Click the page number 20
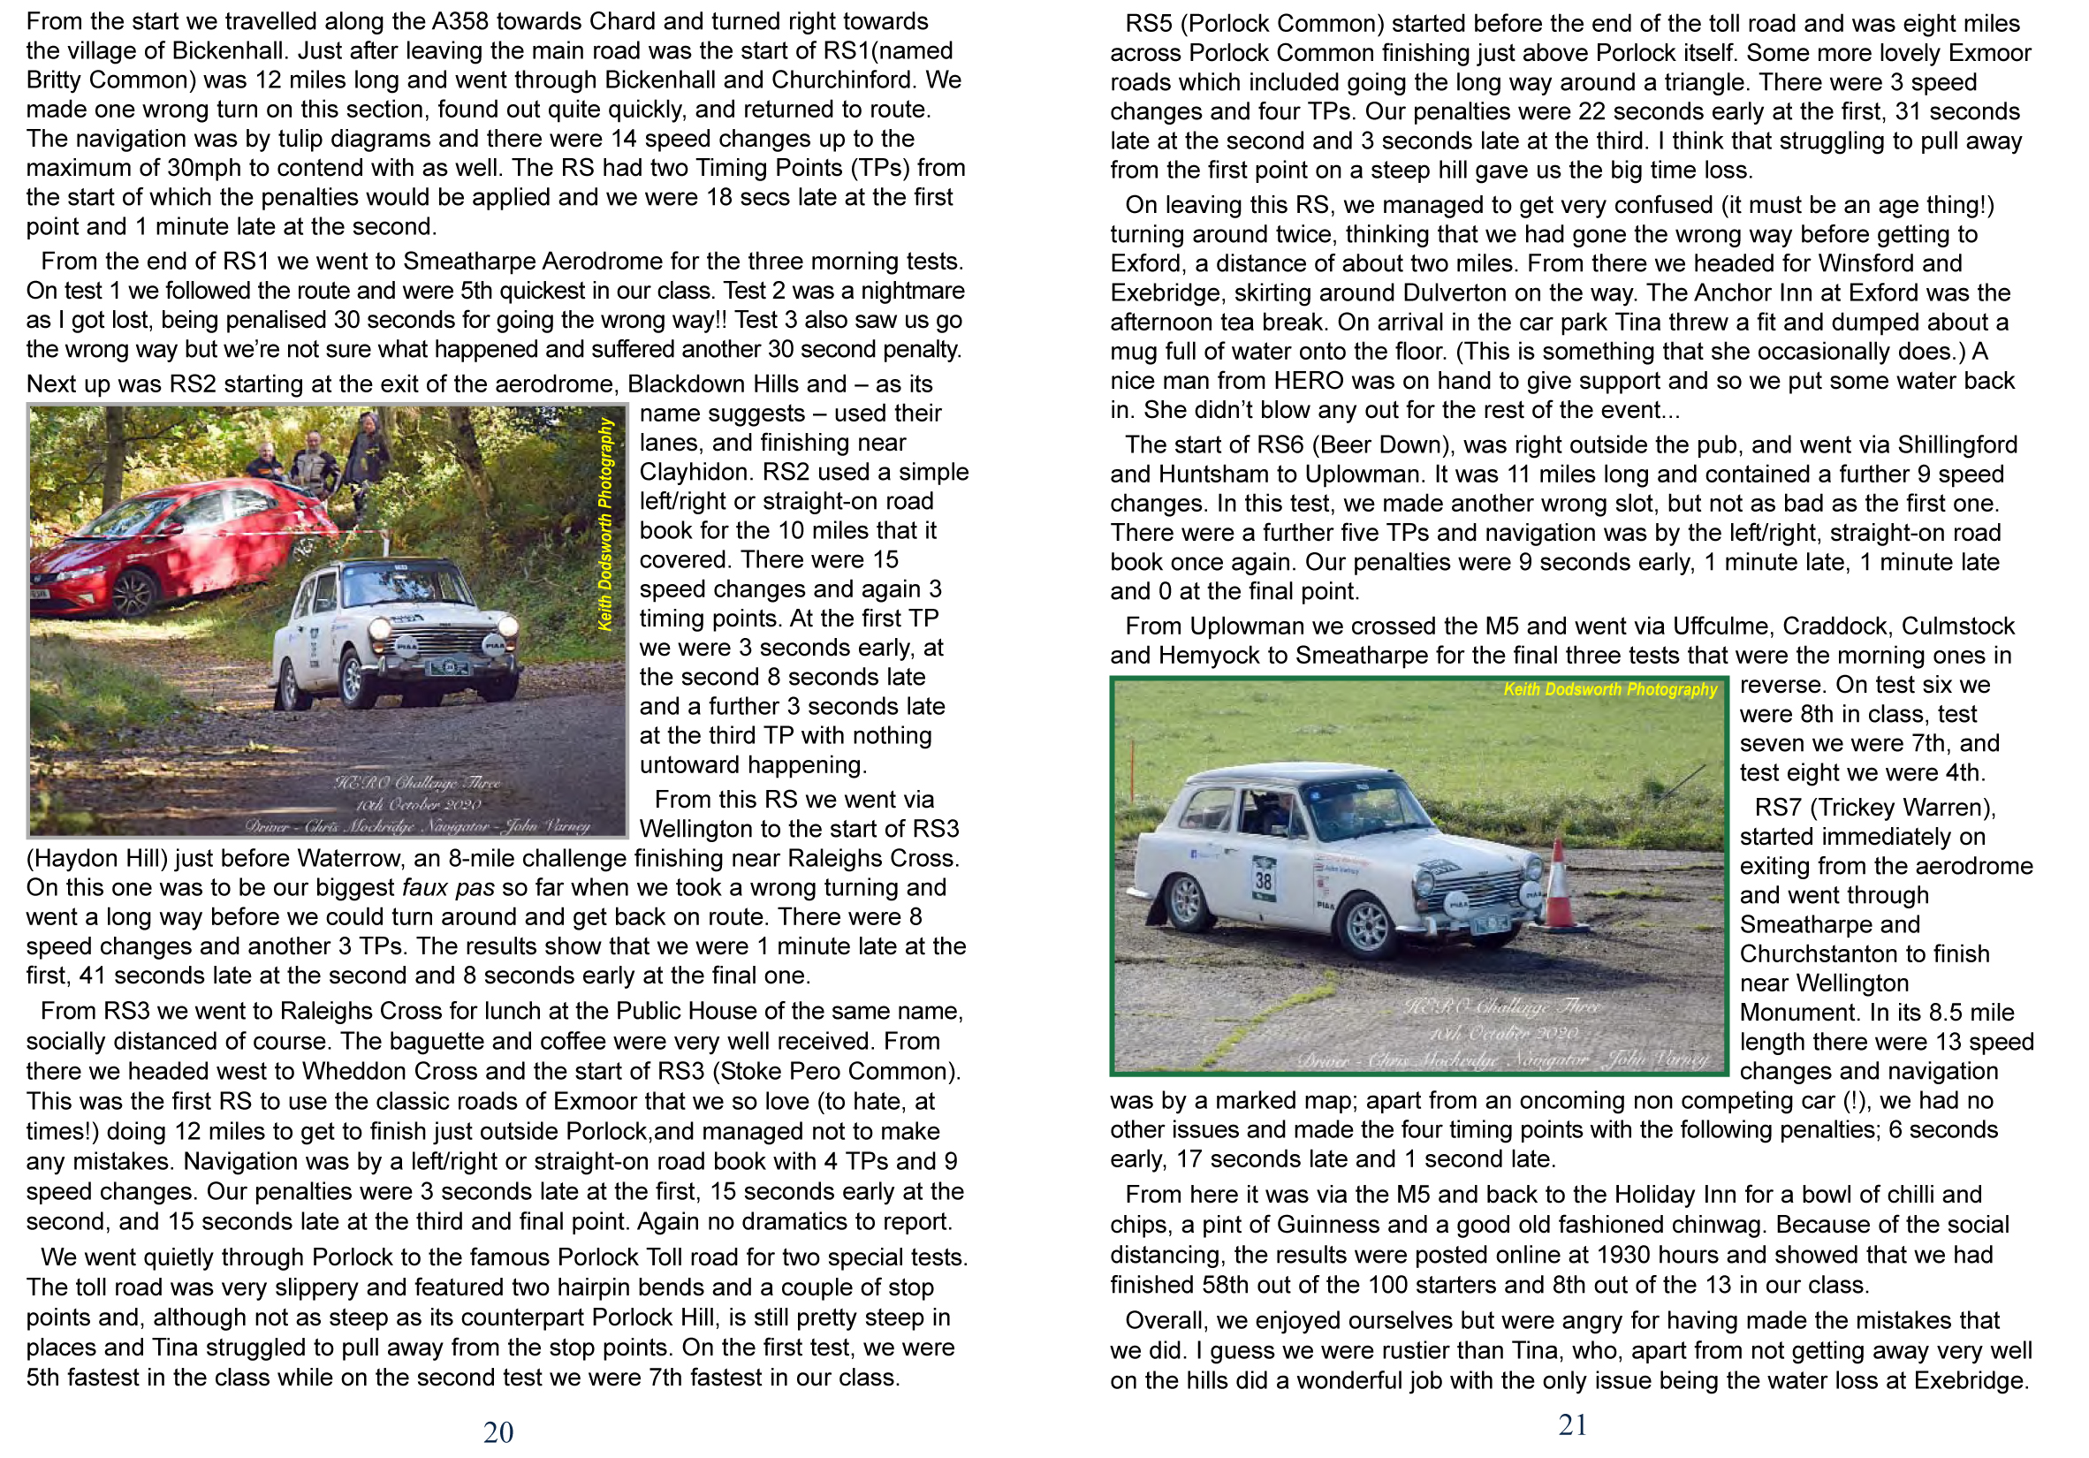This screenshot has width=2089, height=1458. [x=498, y=1432]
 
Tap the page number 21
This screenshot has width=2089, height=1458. [x=1572, y=1424]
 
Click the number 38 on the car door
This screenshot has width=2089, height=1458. [x=1264, y=879]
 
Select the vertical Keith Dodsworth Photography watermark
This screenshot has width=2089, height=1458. [x=605, y=524]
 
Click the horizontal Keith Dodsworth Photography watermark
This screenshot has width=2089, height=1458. [x=1609, y=689]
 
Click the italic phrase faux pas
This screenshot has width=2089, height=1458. [x=448, y=888]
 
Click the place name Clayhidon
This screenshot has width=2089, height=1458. [x=695, y=472]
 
